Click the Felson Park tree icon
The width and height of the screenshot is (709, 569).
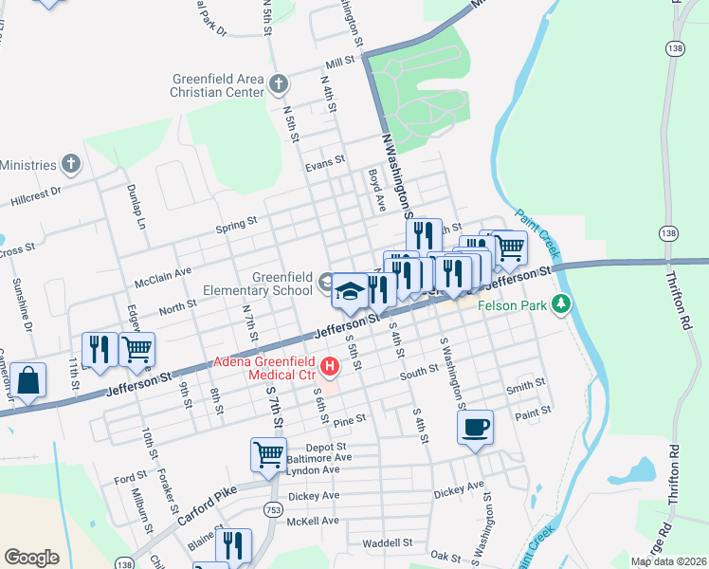pyautogui.click(x=563, y=304)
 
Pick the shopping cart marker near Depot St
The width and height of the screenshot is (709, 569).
pyautogui.click(x=268, y=454)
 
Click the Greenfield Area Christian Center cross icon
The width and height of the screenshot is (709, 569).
pyautogui.click(x=279, y=84)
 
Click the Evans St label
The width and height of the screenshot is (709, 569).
pyautogui.click(x=324, y=164)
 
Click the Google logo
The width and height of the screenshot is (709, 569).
pyautogui.click(x=31, y=558)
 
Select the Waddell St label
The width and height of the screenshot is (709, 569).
pyautogui.click(x=387, y=543)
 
